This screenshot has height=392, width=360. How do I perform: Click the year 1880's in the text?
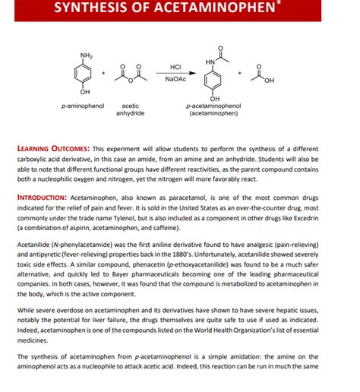tap(201, 256)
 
